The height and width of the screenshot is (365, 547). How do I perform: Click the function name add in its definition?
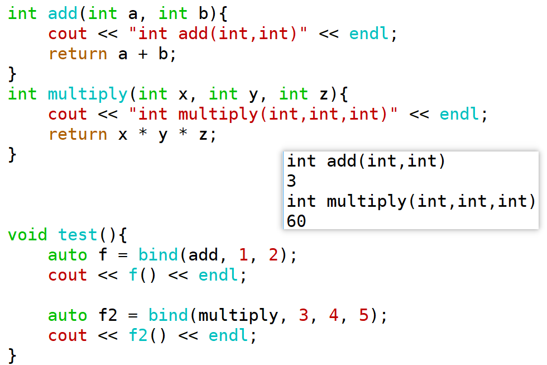[x=63, y=13]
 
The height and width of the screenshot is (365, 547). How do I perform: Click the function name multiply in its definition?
[x=88, y=94]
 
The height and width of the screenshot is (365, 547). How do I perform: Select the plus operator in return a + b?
[x=143, y=54]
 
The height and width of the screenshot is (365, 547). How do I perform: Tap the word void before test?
[x=27, y=235]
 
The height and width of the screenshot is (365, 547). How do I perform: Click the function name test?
[x=78, y=235]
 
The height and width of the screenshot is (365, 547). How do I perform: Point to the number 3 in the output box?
[x=291, y=181]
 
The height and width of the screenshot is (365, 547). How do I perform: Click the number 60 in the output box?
[x=296, y=221]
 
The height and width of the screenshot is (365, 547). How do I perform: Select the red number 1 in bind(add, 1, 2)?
[x=243, y=255]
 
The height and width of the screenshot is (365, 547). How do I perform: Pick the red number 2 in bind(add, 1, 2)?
[x=273, y=255]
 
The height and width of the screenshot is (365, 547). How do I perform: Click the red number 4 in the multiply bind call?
[x=334, y=315]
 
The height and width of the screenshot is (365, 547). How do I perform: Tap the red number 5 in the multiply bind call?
[x=363, y=315]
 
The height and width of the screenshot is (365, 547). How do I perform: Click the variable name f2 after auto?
[x=108, y=315]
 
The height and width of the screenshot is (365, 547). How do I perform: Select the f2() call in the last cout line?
[x=147, y=336]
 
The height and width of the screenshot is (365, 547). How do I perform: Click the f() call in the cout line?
[x=142, y=275]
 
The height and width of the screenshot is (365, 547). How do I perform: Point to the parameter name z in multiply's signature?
[x=324, y=94]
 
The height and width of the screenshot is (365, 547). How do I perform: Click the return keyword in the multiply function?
[x=78, y=135]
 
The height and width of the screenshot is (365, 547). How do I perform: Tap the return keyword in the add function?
[x=78, y=54]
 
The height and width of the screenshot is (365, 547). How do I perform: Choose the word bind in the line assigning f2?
[x=168, y=315]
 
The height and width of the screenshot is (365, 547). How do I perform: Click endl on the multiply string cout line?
[x=459, y=114]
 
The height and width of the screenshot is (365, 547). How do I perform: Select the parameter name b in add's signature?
[x=203, y=13]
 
